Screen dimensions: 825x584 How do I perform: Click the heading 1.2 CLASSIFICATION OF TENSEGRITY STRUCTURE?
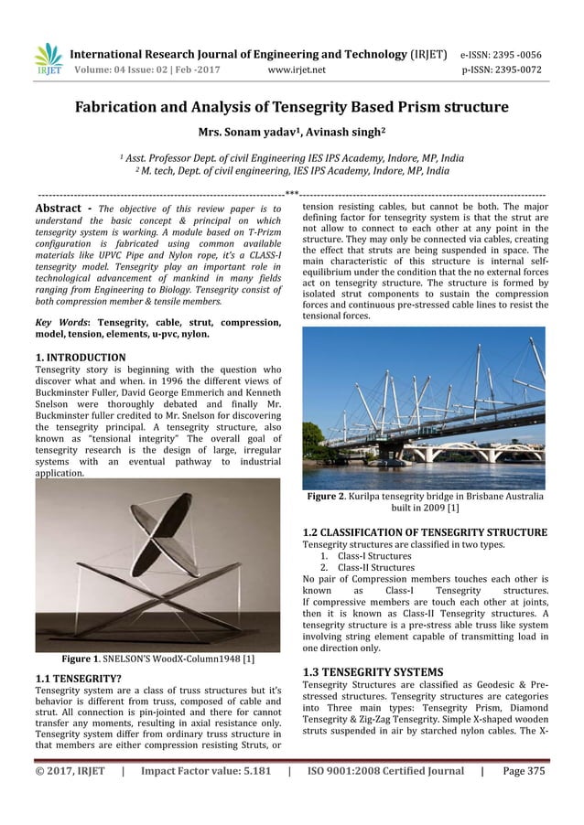(425, 532)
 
